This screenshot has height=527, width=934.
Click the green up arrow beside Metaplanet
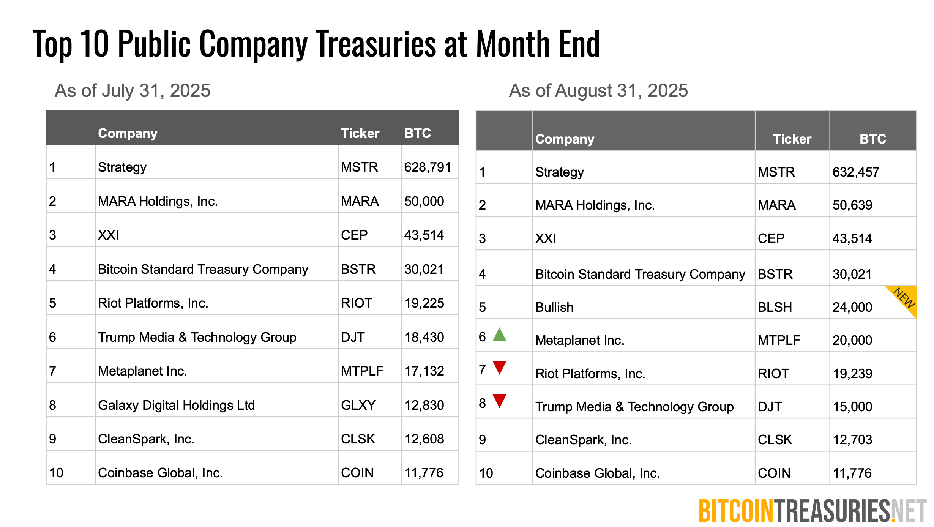coord(499,335)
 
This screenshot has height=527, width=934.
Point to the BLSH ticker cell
coord(775,307)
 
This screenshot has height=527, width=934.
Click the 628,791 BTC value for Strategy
coord(428,167)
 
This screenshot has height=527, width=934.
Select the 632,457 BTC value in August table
coord(856,172)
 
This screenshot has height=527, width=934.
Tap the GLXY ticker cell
coord(358,405)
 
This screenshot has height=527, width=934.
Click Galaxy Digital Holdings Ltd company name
coord(176,405)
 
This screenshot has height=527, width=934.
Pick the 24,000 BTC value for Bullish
coord(852,307)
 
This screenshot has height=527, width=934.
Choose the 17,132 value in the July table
coord(424,371)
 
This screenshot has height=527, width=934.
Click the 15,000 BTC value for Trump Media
coord(852,407)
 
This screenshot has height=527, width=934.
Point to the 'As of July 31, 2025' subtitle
coord(133,91)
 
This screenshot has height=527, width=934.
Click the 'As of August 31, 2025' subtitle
coord(598,91)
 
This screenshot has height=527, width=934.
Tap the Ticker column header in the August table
coord(792,139)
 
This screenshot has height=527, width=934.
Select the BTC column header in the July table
coord(417,133)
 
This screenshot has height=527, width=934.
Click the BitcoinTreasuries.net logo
coord(813,511)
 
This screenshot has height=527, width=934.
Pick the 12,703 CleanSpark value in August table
coord(852,440)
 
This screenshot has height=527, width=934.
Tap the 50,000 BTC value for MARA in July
coord(424,201)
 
